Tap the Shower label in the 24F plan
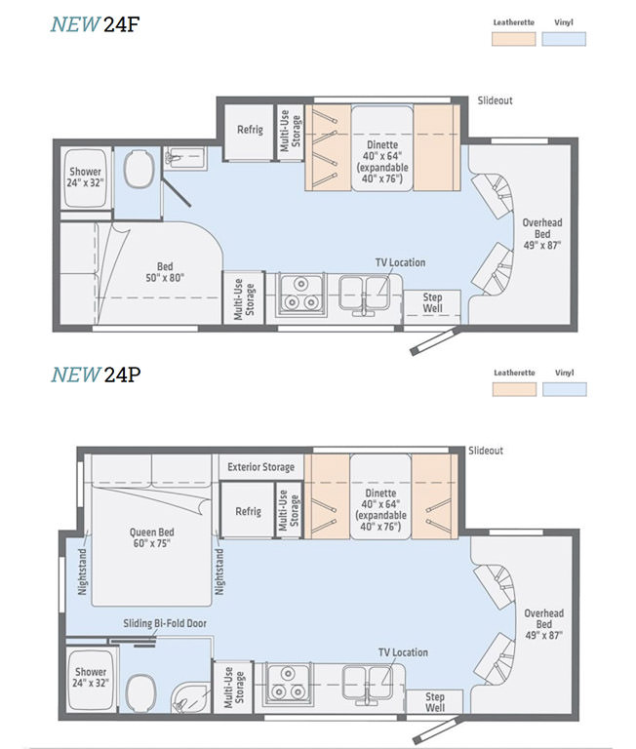pos(85,177)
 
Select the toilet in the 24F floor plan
pos(139,174)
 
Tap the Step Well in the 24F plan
pos(432,303)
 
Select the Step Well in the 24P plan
pos(434,702)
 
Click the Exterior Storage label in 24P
pos(261,467)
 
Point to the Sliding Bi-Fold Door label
pos(164,623)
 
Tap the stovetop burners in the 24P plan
pos(290,684)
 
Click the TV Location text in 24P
pos(403,652)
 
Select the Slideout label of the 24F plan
pos(495,100)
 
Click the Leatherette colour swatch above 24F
pos(513,39)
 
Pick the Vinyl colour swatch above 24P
pos(565,388)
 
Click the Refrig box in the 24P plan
pos(248,512)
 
